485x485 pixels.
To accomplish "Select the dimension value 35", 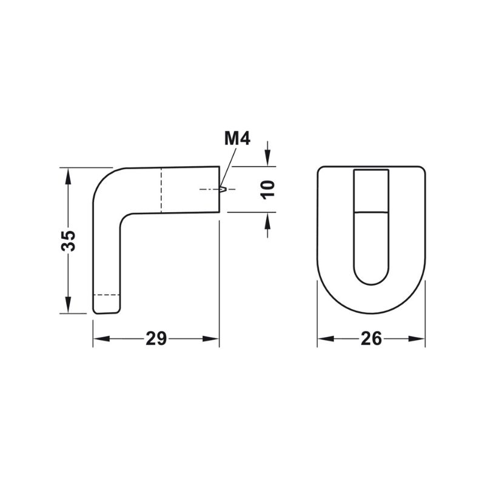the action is tap(69, 241).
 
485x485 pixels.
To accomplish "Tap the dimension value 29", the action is tap(156, 338).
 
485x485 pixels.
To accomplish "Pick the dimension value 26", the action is tap(371, 338).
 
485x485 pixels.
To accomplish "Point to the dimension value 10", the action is tap(267, 190).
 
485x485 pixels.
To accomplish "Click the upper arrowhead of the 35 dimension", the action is tap(69, 176).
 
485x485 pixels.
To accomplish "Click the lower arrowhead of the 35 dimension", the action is tap(69, 305).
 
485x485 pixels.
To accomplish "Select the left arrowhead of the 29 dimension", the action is tap(101, 339).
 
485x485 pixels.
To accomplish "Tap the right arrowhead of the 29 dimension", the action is tap(210, 339).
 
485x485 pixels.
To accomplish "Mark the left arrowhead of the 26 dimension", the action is tap(326, 339).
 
